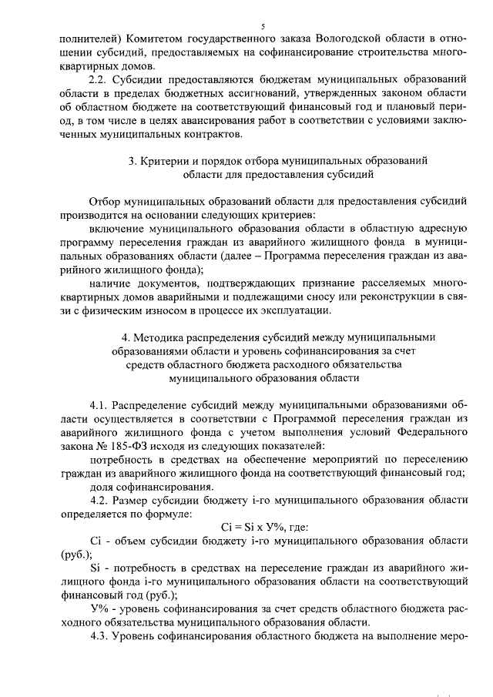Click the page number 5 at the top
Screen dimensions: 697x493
(x=263, y=26)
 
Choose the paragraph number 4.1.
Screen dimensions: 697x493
(x=99, y=405)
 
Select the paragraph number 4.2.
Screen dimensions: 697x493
(x=99, y=502)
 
